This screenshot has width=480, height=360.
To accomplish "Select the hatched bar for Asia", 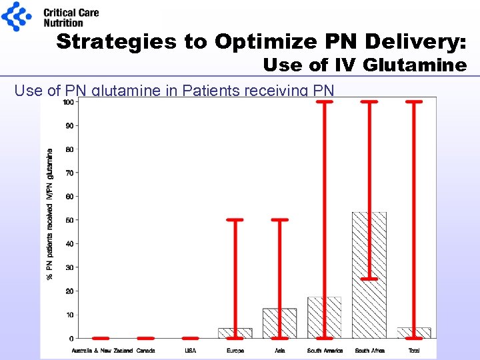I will [279, 323].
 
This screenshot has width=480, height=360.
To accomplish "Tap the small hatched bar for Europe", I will [235, 333].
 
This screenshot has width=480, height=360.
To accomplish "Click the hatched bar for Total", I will [414, 333].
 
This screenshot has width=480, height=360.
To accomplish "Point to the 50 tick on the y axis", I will [69, 220].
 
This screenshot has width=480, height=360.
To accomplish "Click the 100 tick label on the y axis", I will [68, 102].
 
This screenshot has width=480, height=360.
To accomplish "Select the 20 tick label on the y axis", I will [69, 291].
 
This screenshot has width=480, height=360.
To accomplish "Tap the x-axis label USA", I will [191, 350].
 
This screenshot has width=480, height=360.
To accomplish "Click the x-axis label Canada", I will [145, 350].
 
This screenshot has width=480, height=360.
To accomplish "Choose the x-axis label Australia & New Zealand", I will [101, 350].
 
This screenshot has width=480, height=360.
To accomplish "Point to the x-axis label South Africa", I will [369, 350].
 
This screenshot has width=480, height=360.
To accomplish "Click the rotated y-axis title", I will [50, 213].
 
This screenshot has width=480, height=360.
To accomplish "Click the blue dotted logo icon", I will [16, 16].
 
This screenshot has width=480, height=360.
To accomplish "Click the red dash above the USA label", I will [191, 338].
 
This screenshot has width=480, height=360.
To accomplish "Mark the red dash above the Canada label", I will [145, 338].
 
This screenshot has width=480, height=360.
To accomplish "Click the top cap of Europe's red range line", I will [235, 220].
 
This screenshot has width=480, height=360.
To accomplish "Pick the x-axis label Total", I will [414, 350].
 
